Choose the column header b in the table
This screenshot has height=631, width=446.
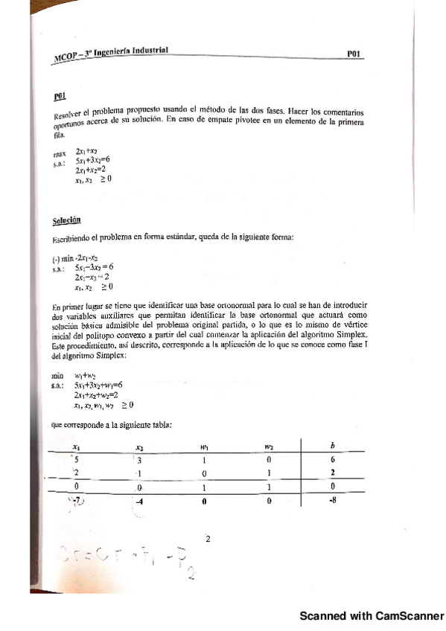(331, 446)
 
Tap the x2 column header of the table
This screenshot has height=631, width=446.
(138, 447)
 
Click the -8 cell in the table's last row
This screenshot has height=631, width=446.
(331, 501)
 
